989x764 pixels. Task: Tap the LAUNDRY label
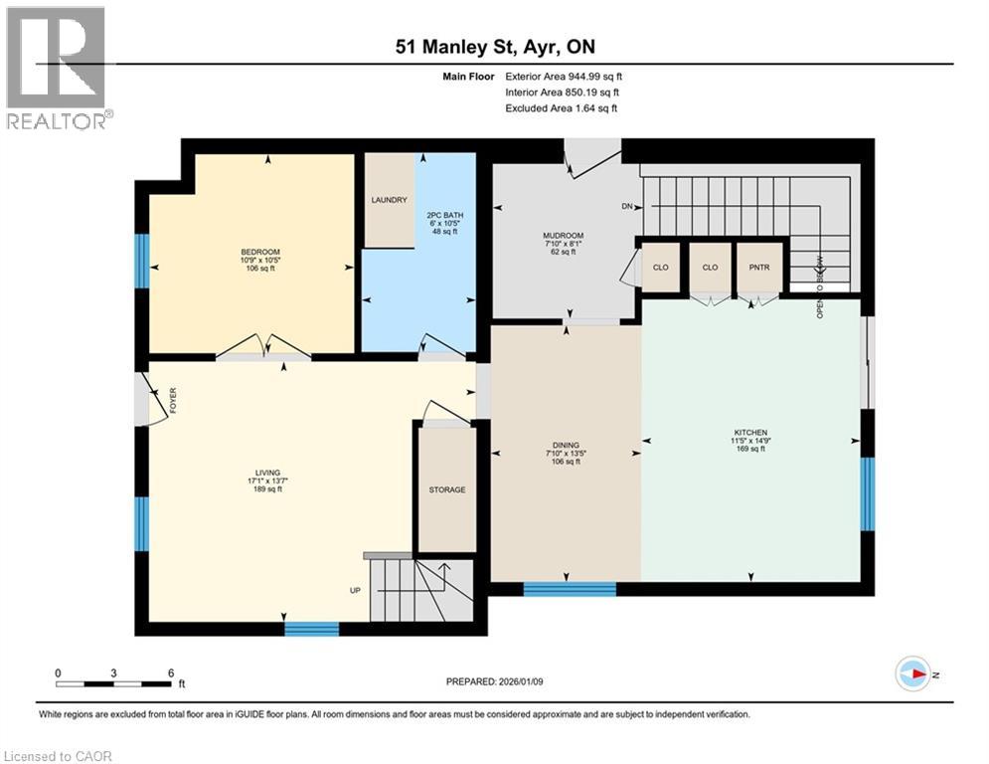click(389, 200)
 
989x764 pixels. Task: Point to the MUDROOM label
click(562, 236)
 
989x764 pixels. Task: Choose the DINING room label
click(566, 446)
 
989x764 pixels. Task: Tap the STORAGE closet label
click(447, 489)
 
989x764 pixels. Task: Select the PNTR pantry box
click(757, 268)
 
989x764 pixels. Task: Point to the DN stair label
click(626, 207)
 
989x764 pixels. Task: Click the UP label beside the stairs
click(354, 590)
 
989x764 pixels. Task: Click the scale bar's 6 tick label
click(171, 672)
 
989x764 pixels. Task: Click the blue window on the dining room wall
click(570, 589)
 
